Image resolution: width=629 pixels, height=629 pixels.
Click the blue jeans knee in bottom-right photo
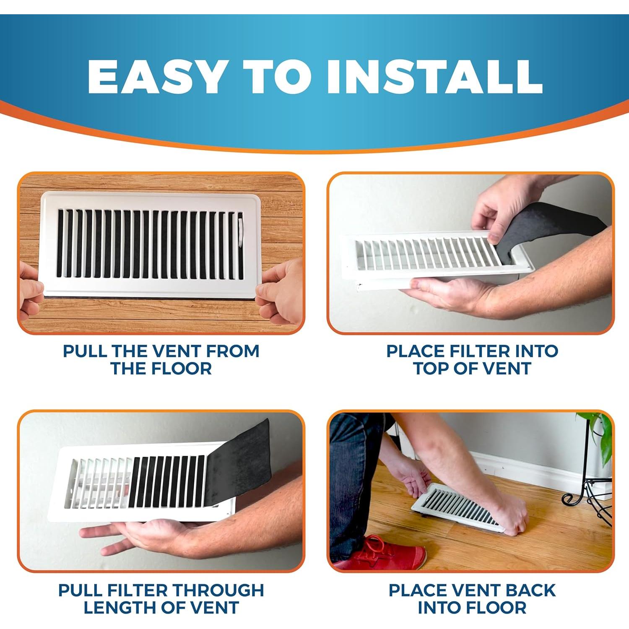tap(356, 453)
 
